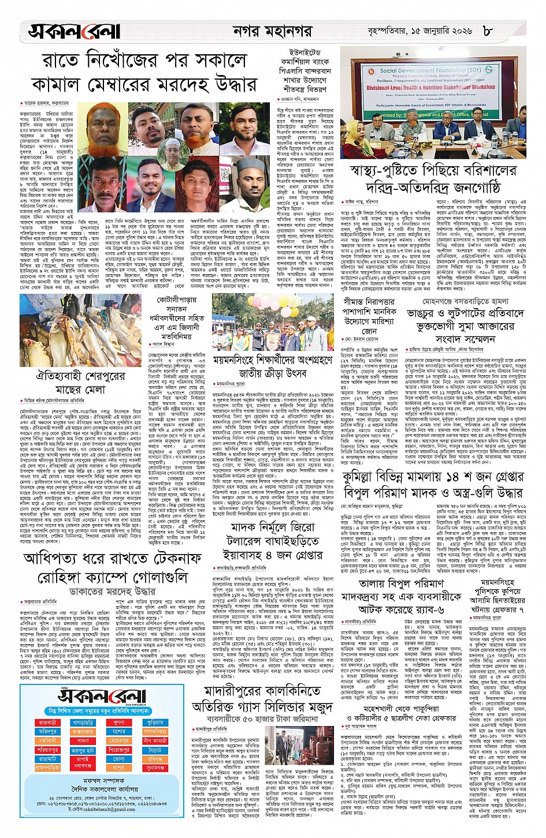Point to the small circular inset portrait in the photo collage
(172, 152)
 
